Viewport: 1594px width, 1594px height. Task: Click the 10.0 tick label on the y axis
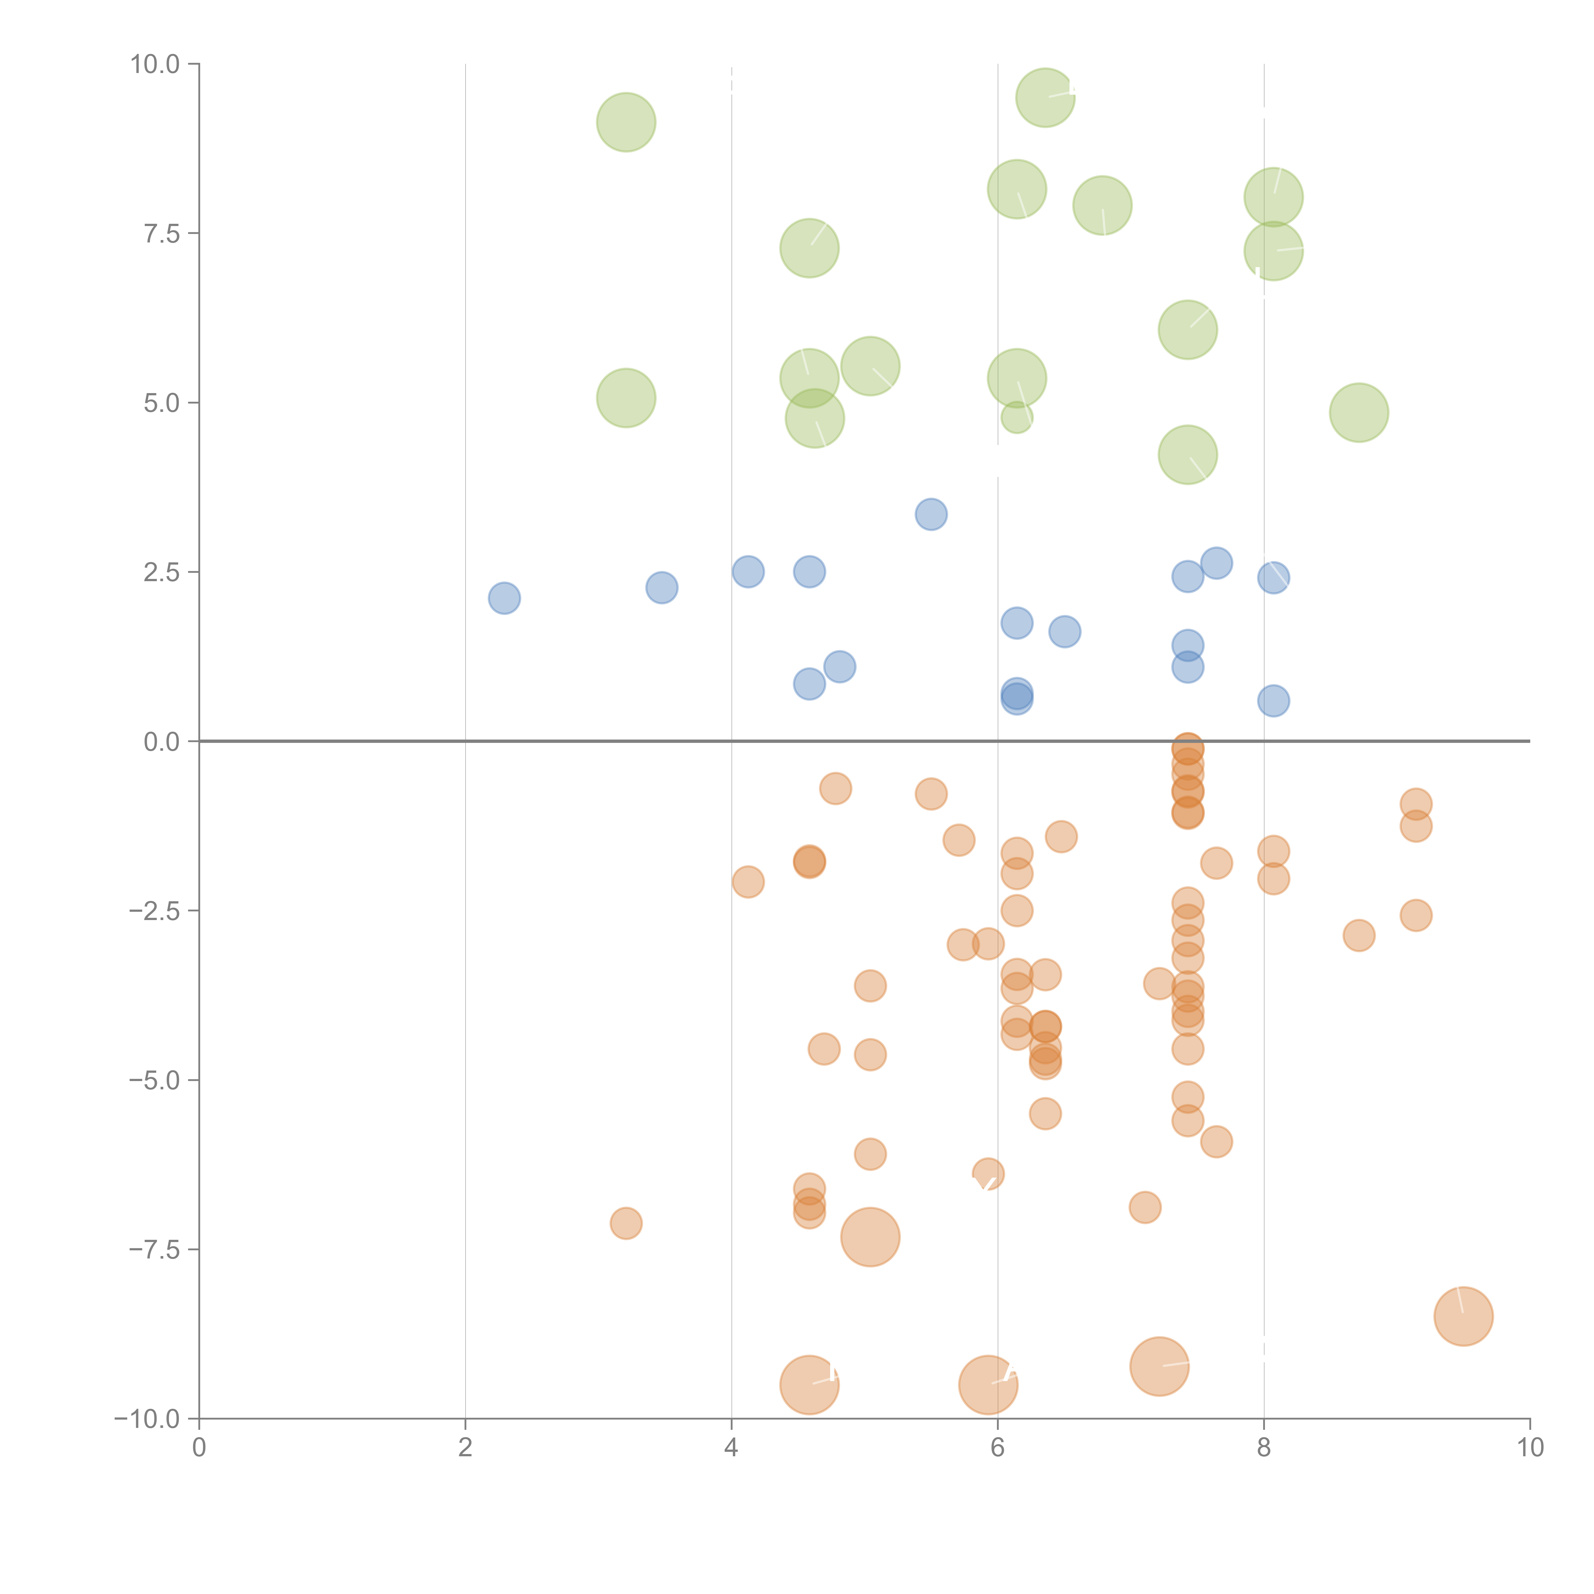[x=155, y=64]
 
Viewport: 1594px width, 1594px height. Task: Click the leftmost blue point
[x=504, y=598]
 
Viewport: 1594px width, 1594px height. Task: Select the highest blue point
[x=931, y=515]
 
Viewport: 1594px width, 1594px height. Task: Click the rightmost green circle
[x=1359, y=413]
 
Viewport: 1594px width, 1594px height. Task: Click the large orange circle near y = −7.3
[x=870, y=1237]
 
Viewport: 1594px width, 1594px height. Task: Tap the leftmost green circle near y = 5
[x=626, y=398]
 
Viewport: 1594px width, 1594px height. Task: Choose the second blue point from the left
[x=662, y=588]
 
